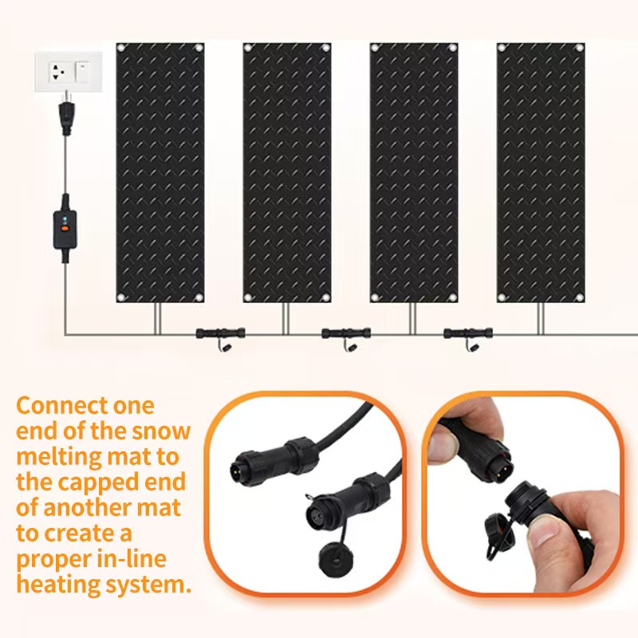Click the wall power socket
click(57, 72)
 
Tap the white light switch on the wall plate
click(83, 72)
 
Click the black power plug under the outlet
click(65, 115)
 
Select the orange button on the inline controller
click(65, 229)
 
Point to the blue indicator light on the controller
click(65, 220)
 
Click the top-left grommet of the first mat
click(121, 48)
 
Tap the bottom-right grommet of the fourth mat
click(580, 297)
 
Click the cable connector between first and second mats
click(221, 333)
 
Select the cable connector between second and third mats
click(346, 333)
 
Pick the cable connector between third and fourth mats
click(468, 333)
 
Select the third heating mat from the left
click(414, 172)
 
